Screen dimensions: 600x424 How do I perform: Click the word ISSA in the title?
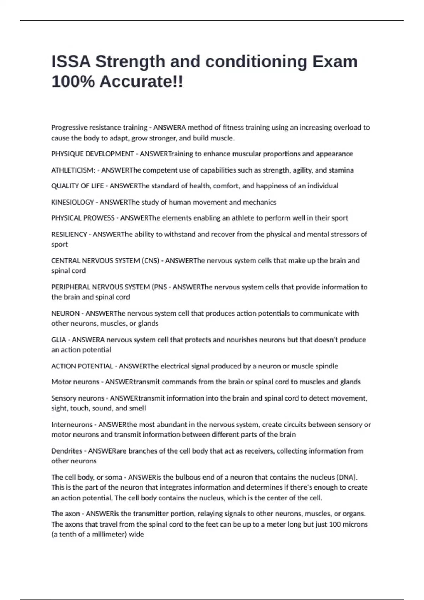point(71,62)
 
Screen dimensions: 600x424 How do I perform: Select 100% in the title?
point(73,82)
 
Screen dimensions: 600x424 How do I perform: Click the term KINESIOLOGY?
point(72,202)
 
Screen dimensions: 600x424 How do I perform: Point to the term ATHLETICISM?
point(72,170)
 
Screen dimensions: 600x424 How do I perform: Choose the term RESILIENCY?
point(69,234)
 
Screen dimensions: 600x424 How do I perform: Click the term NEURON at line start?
point(65,313)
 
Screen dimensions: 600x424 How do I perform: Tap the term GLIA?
point(59,340)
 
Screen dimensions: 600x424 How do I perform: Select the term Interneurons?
point(72,425)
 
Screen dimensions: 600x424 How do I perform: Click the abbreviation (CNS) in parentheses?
point(151,261)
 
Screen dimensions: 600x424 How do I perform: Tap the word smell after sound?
point(137,408)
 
